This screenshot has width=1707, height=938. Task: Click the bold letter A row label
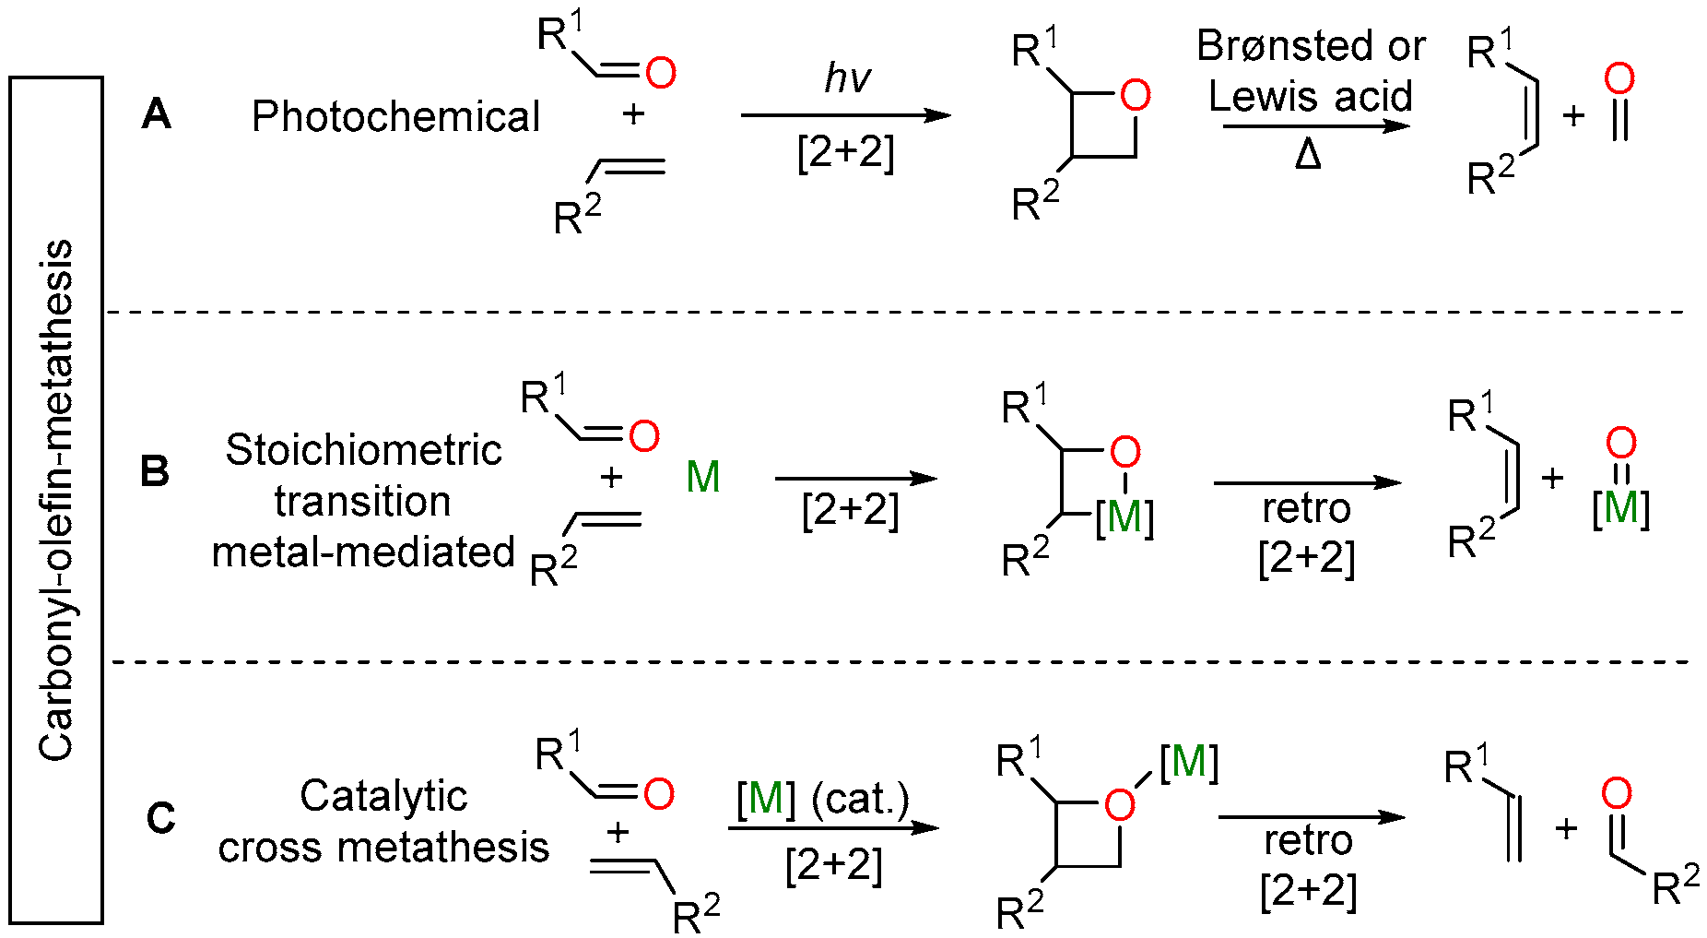click(x=156, y=115)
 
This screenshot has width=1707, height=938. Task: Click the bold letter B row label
click(x=154, y=471)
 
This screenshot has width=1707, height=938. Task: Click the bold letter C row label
click(x=160, y=818)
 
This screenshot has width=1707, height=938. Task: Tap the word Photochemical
click(x=395, y=117)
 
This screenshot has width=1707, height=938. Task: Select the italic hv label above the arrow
click(x=846, y=78)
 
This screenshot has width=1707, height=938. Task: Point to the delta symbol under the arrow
click(x=1307, y=155)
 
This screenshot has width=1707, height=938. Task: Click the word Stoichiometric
click(x=363, y=450)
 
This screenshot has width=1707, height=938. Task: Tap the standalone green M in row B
click(x=703, y=477)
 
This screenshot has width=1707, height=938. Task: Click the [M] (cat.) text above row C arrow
click(x=822, y=798)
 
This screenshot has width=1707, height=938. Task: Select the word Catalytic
click(x=383, y=796)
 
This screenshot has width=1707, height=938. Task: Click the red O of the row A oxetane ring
click(x=1135, y=95)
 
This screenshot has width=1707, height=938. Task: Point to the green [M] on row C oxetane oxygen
click(x=1189, y=762)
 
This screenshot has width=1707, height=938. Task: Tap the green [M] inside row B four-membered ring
click(x=1124, y=516)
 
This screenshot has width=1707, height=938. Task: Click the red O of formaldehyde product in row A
click(x=1619, y=79)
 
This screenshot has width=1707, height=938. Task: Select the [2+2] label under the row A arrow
click(x=845, y=152)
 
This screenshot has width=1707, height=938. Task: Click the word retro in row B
click(x=1306, y=508)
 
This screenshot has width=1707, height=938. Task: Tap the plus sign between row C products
click(x=1565, y=828)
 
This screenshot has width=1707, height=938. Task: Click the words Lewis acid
click(x=1310, y=96)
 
